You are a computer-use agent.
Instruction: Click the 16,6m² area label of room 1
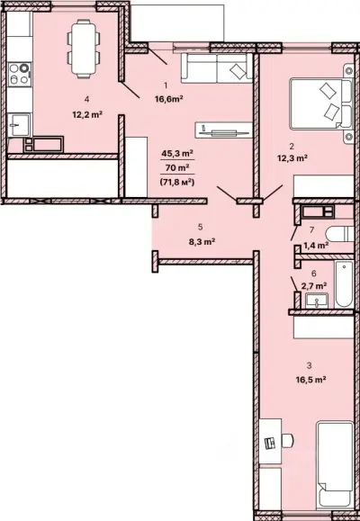click(x=169, y=99)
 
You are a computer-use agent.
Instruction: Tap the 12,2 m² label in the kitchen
click(x=87, y=115)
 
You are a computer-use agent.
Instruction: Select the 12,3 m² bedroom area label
click(x=292, y=158)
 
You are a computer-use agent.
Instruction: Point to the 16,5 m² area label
click(x=310, y=380)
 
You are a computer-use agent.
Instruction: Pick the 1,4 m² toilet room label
click(x=316, y=246)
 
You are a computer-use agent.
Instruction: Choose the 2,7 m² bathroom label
click(x=314, y=285)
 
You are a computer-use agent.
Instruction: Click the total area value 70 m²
click(x=177, y=167)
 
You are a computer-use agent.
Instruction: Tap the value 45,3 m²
click(x=177, y=154)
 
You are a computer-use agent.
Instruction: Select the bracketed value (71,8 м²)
click(x=177, y=182)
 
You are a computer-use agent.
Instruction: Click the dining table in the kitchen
click(x=83, y=49)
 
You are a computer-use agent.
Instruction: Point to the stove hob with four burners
click(x=20, y=74)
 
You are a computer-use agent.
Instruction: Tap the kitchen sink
click(x=19, y=124)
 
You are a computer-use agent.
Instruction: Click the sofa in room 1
click(x=217, y=68)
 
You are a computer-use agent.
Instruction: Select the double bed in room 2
click(x=320, y=103)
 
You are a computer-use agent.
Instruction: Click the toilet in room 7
click(x=339, y=234)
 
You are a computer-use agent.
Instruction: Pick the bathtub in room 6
click(x=344, y=284)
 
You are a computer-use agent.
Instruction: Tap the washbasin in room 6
click(x=317, y=301)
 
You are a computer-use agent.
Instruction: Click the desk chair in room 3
click(x=287, y=441)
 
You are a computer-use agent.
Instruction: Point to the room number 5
click(x=200, y=227)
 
